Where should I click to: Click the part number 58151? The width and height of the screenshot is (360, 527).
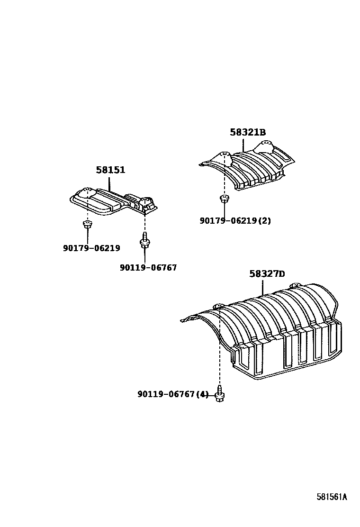(x=110, y=170)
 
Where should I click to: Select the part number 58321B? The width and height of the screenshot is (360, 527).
(x=248, y=132)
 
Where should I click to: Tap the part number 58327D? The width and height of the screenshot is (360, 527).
(x=267, y=273)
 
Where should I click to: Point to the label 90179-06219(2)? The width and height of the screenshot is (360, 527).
(x=235, y=220)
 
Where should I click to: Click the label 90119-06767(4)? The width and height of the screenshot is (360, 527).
(x=173, y=394)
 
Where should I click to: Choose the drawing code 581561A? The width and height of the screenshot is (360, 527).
(x=332, y=497)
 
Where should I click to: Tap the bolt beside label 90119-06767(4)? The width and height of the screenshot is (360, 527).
(x=219, y=394)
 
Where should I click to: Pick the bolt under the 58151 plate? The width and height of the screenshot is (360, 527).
(x=144, y=240)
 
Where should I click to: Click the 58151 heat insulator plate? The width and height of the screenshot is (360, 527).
(x=114, y=201)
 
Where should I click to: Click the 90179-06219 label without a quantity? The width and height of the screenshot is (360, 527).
(x=91, y=248)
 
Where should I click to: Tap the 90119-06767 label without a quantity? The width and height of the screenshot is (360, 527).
(x=148, y=268)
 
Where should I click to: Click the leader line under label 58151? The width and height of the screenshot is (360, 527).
(x=109, y=183)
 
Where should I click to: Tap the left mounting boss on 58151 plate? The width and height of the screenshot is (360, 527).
(x=87, y=191)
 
